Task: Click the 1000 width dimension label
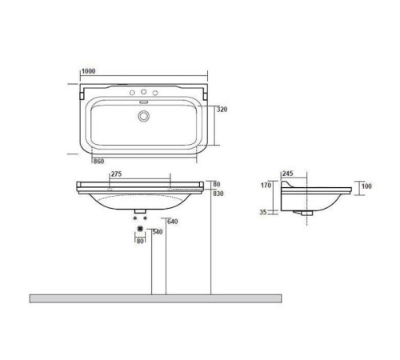[x=87, y=71]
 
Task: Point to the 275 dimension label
[x=116, y=174]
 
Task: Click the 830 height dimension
[x=218, y=194]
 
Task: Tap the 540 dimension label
[x=158, y=232]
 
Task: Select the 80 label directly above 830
[x=216, y=185]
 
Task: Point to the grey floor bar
[x=155, y=298]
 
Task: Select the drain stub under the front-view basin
[x=141, y=212]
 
